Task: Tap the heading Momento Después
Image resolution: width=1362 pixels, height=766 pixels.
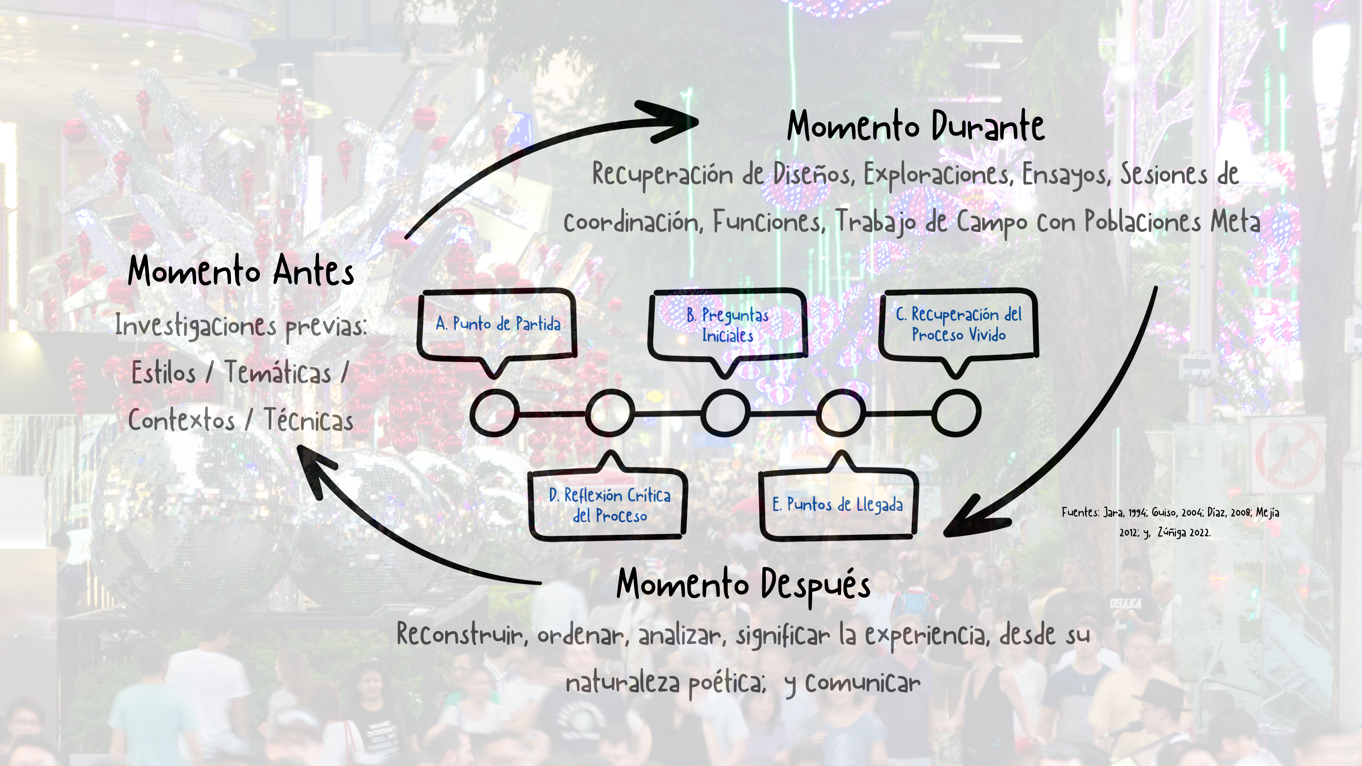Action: (743, 584)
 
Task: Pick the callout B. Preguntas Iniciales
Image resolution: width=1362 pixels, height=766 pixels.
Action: (727, 324)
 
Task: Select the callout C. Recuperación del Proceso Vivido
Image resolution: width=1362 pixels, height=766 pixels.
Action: (958, 324)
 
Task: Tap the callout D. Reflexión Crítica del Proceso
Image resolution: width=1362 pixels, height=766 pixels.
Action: (609, 505)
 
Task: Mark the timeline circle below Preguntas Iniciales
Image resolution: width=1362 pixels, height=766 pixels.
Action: (725, 413)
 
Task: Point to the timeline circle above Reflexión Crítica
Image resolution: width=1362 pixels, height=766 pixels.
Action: (610, 413)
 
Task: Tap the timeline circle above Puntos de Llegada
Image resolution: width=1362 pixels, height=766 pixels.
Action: (841, 413)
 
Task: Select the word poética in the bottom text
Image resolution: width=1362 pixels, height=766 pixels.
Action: (727, 683)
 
